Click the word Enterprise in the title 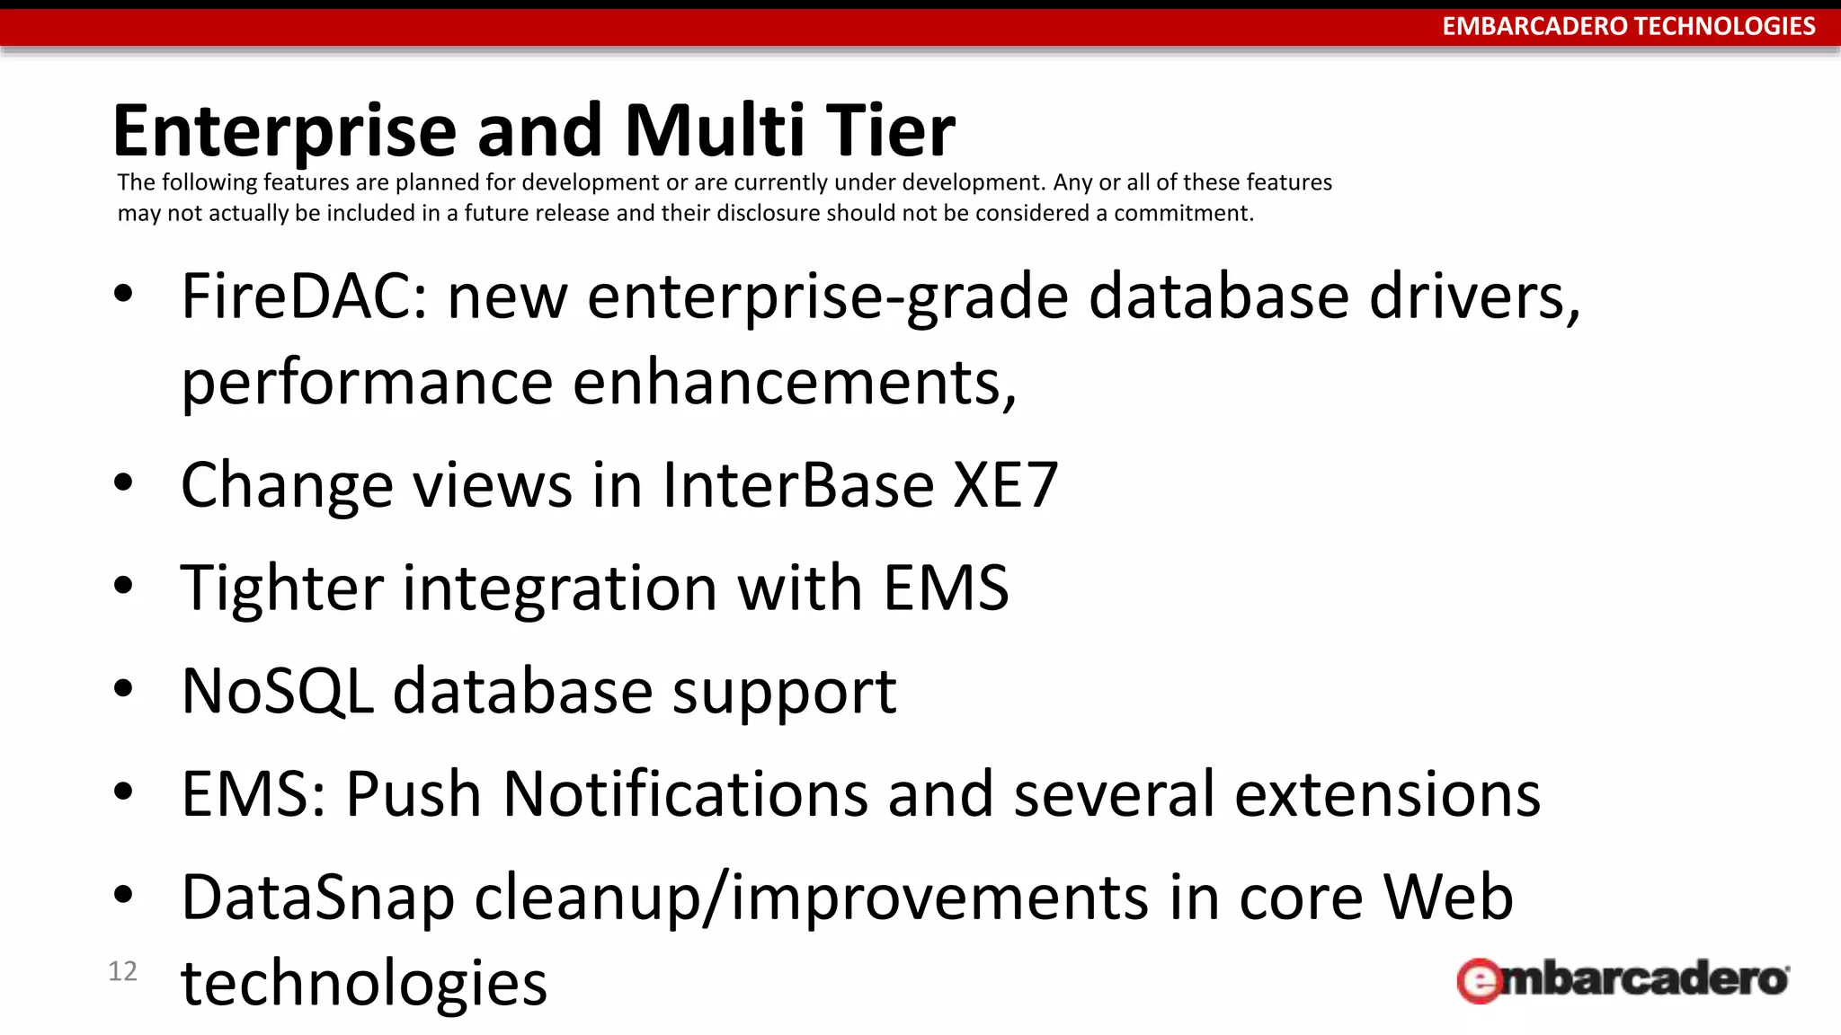pos(285,132)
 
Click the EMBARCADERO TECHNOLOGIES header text pos(1628,26)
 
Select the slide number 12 pos(122,971)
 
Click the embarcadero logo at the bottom pos(1623,979)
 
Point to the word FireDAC pos(304,296)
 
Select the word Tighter pos(281,588)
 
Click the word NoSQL pos(277,692)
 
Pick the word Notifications pos(685,795)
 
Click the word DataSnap pos(317,898)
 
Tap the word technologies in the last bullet pos(363,983)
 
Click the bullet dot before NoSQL pos(123,689)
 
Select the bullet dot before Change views pos(123,482)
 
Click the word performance pos(366,383)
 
